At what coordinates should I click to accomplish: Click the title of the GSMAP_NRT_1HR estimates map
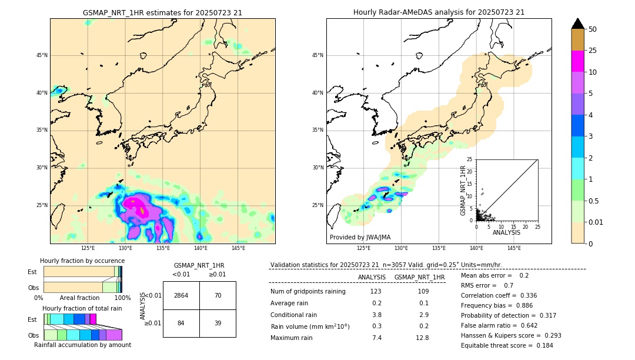(162, 12)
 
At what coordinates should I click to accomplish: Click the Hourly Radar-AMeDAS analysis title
(439, 12)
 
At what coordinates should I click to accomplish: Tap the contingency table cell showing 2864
(181, 295)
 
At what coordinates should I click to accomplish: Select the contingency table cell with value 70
(218, 295)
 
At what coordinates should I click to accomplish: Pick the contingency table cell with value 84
(181, 323)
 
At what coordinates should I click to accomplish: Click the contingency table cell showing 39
(218, 323)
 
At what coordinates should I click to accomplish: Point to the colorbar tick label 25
(593, 51)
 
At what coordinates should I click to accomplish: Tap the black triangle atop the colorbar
(578, 24)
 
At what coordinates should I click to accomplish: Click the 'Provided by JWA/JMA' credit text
(360, 237)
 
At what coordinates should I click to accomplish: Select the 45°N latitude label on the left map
(42, 55)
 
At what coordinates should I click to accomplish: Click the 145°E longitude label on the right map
(514, 248)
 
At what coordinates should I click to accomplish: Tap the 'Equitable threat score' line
(507, 345)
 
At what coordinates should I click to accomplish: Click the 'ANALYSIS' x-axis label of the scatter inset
(506, 233)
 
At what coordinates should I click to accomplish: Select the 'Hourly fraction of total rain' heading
(82, 308)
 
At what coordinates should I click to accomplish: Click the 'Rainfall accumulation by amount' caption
(82, 345)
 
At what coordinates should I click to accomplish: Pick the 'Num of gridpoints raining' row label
(308, 292)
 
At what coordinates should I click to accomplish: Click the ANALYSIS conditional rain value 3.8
(376, 315)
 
